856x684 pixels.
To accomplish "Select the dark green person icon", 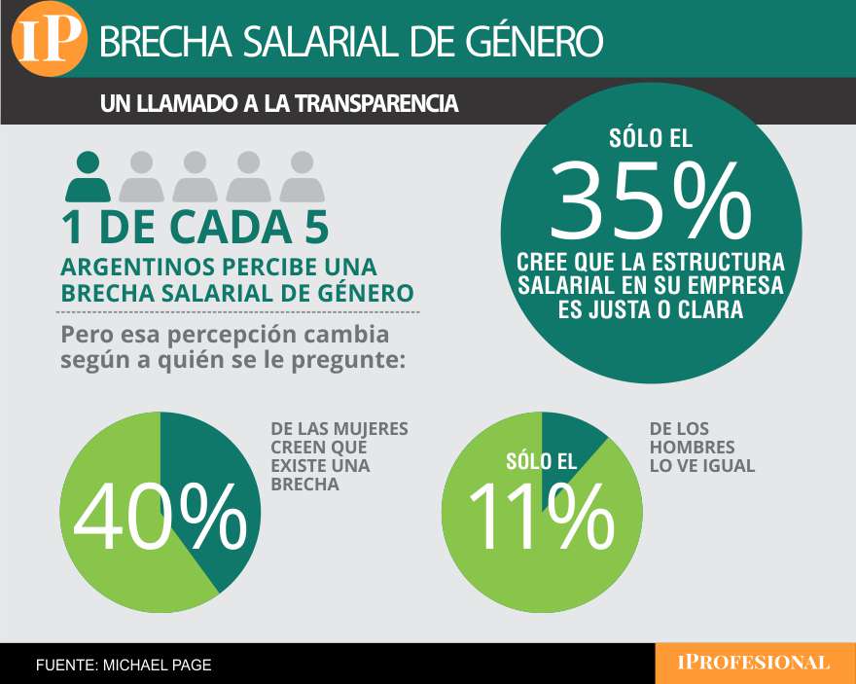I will [88, 177].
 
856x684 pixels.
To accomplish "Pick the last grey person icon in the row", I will [303, 177].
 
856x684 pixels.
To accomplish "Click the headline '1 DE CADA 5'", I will [195, 227].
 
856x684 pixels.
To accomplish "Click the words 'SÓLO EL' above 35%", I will [651, 139].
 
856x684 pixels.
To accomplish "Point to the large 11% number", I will [542, 516].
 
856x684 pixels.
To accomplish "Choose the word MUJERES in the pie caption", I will [374, 429].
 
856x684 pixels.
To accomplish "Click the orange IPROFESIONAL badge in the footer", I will [753, 663].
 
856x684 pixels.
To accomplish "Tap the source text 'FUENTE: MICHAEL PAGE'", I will [124, 665].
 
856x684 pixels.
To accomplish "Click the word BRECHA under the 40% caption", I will [304, 485].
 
